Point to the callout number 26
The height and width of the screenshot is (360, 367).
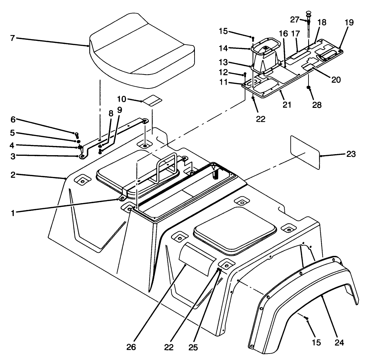pos(132,347)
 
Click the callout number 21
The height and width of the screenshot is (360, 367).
pos(287,104)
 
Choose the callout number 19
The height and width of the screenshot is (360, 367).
pos(349,23)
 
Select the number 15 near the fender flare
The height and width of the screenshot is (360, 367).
pos(316,342)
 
